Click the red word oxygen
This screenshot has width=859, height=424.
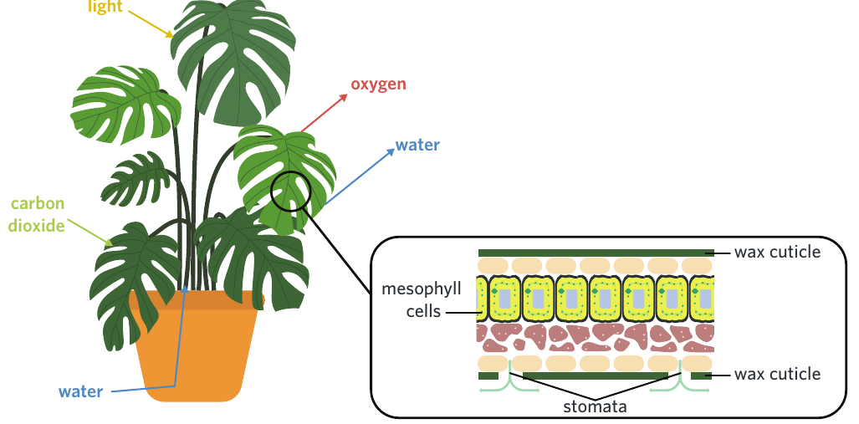click(x=378, y=84)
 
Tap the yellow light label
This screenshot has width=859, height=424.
click(x=105, y=7)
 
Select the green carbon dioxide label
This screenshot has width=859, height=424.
click(x=37, y=214)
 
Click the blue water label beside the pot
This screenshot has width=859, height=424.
click(x=80, y=391)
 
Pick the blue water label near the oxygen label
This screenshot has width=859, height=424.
click(x=417, y=146)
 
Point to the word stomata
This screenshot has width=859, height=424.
click(x=595, y=406)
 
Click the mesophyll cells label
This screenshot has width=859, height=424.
click(x=422, y=300)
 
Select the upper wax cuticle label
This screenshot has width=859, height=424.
click(x=777, y=252)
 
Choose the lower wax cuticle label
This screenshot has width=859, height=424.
click(x=777, y=374)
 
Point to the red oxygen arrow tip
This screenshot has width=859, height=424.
click(x=347, y=95)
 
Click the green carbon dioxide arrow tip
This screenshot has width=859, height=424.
click(x=112, y=243)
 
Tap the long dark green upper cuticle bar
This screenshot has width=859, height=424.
click(x=596, y=253)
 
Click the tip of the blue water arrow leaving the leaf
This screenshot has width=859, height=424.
click(x=394, y=150)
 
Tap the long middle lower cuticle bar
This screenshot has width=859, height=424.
click(x=596, y=375)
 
